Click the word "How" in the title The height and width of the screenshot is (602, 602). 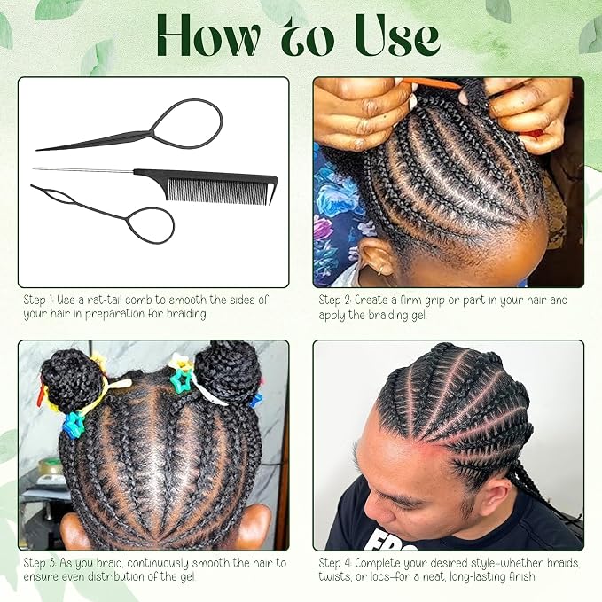208,36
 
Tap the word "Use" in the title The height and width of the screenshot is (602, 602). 397,36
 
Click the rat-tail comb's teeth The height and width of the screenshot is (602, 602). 217,191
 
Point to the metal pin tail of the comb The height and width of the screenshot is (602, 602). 83,169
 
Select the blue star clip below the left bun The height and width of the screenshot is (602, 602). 73,425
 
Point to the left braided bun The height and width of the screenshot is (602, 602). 72,380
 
